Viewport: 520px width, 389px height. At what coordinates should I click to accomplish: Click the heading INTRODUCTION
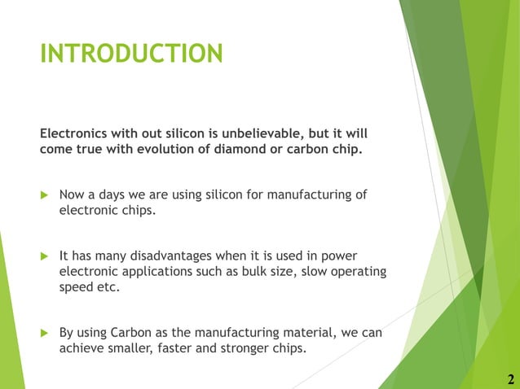pos(131,54)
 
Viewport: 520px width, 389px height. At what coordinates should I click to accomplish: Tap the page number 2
pos(510,379)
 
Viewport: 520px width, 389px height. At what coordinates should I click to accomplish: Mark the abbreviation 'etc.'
pos(112,287)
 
